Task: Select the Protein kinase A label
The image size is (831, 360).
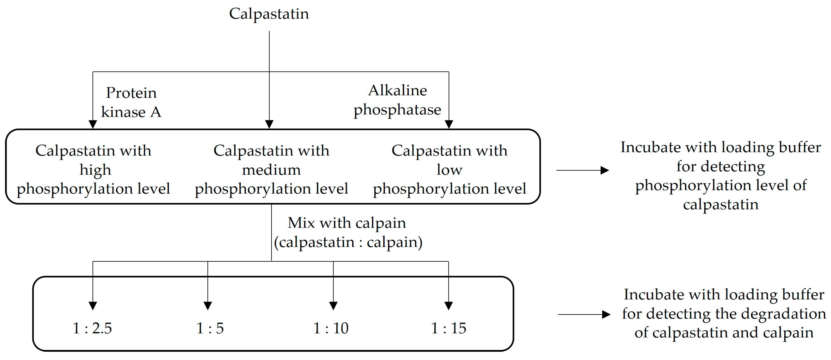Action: click(x=131, y=102)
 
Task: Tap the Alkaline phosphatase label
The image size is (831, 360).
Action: click(x=397, y=100)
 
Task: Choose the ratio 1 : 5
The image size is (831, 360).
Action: click(x=210, y=328)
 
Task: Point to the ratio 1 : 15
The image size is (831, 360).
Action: click(x=449, y=328)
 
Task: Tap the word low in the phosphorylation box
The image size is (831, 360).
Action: click(x=449, y=170)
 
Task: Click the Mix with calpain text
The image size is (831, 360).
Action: click(x=347, y=223)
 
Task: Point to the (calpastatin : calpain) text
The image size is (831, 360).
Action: click(x=348, y=242)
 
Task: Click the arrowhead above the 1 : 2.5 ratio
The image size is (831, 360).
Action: click(x=93, y=305)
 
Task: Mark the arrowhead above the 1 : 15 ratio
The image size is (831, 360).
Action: click(x=449, y=305)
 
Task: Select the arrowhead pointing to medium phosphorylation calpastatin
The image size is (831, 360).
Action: click(x=269, y=124)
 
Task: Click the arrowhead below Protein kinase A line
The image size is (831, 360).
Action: click(x=93, y=124)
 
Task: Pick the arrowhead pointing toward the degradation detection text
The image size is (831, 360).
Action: click(x=606, y=314)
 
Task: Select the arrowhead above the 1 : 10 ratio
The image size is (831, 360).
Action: click(x=333, y=305)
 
